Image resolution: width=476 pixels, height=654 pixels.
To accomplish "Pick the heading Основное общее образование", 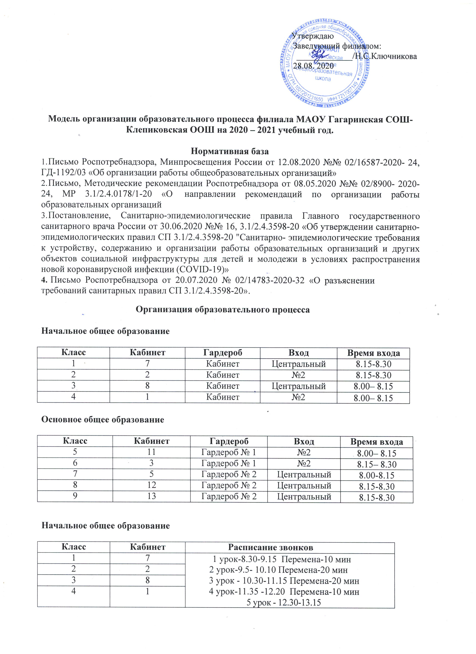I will (103, 420).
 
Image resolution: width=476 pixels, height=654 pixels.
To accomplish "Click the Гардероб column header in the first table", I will (223, 353).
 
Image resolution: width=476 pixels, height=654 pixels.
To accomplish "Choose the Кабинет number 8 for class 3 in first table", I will (147, 386).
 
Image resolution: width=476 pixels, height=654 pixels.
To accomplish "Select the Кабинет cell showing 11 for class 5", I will (152, 453).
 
